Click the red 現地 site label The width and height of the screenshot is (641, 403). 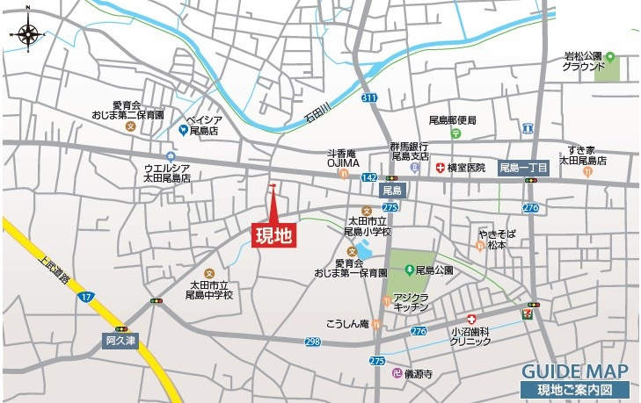click(x=273, y=234)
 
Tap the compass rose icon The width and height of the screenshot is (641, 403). click(x=29, y=34)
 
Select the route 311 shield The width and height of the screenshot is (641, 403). click(x=368, y=97)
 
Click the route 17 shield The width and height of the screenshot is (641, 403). click(x=85, y=297)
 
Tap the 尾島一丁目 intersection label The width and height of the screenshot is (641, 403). click(x=524, y=167)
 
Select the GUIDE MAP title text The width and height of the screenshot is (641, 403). click(x=574, y=371)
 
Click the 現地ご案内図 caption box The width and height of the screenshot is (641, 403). click(x=576, y=390)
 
